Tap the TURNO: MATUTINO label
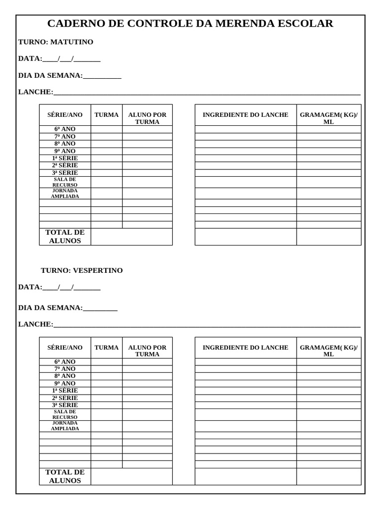56,42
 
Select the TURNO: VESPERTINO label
81,271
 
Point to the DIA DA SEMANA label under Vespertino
51,308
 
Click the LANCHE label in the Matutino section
35,92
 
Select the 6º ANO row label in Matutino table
65,129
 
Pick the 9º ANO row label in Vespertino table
65,384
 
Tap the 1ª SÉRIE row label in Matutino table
65,158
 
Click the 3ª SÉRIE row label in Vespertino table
65,405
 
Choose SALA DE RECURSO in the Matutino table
65,182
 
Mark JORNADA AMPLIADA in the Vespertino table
65,426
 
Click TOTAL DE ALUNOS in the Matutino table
65,237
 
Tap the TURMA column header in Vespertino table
107,348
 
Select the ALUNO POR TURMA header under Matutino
147,118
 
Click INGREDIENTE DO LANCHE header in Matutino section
245,115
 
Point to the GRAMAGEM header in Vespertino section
328,351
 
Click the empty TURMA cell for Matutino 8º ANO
107,144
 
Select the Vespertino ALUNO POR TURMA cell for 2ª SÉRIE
147,398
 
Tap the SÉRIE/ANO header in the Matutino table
65,115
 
